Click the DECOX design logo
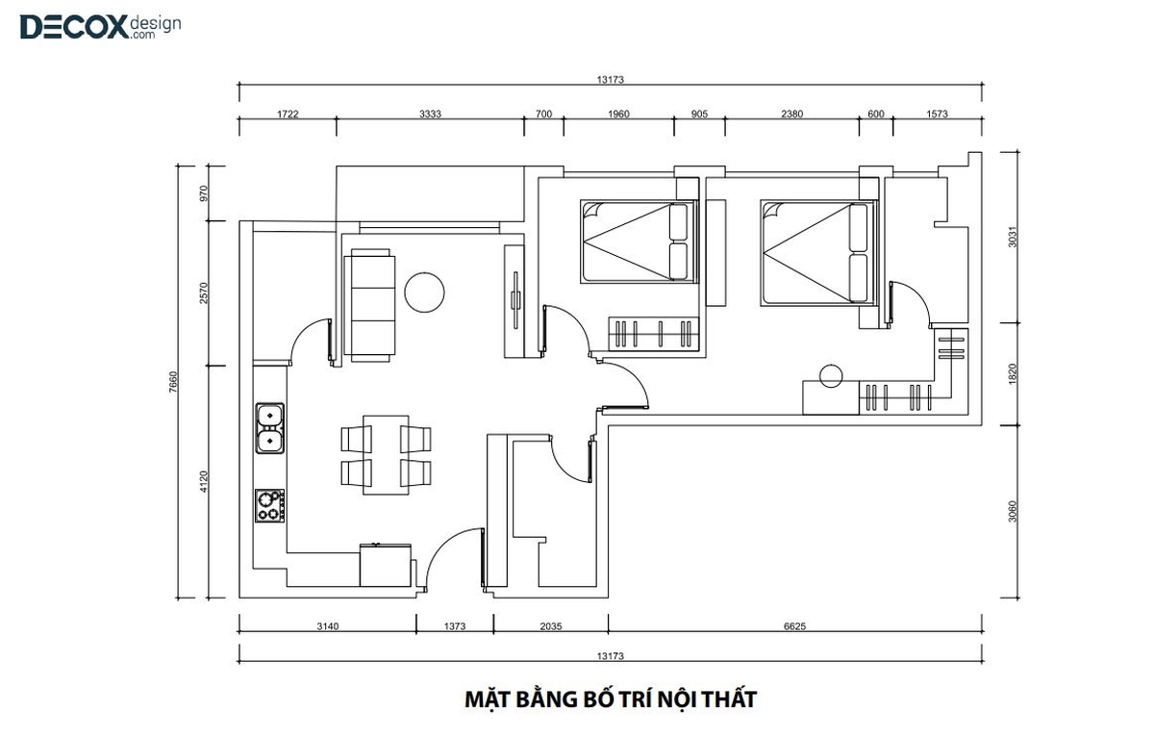[x=100, y=26]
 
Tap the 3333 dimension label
[x=430, y=114]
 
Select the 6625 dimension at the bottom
[x=794, y=626]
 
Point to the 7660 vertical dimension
[x=173, y=382]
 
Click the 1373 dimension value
[x=454, y=626]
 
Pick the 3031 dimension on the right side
[x=1013, y=237]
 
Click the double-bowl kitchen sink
[x=270, y=428]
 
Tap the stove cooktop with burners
[x=269, y=506]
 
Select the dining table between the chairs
[x=386, y=455]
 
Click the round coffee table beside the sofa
[x=424, y=293]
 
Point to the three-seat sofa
[x=369, y=305]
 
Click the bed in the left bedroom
[x=639, y=242]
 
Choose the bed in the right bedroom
[x=818, y=253]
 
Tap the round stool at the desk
[x=831, y=376]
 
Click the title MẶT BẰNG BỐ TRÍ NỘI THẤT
[x=611, y=700]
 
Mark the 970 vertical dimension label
[x=204, y=193]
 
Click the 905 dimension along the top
[x=699, y=114]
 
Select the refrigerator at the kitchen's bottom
[x=386, y=565]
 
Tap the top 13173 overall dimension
[x=610, y=79]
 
